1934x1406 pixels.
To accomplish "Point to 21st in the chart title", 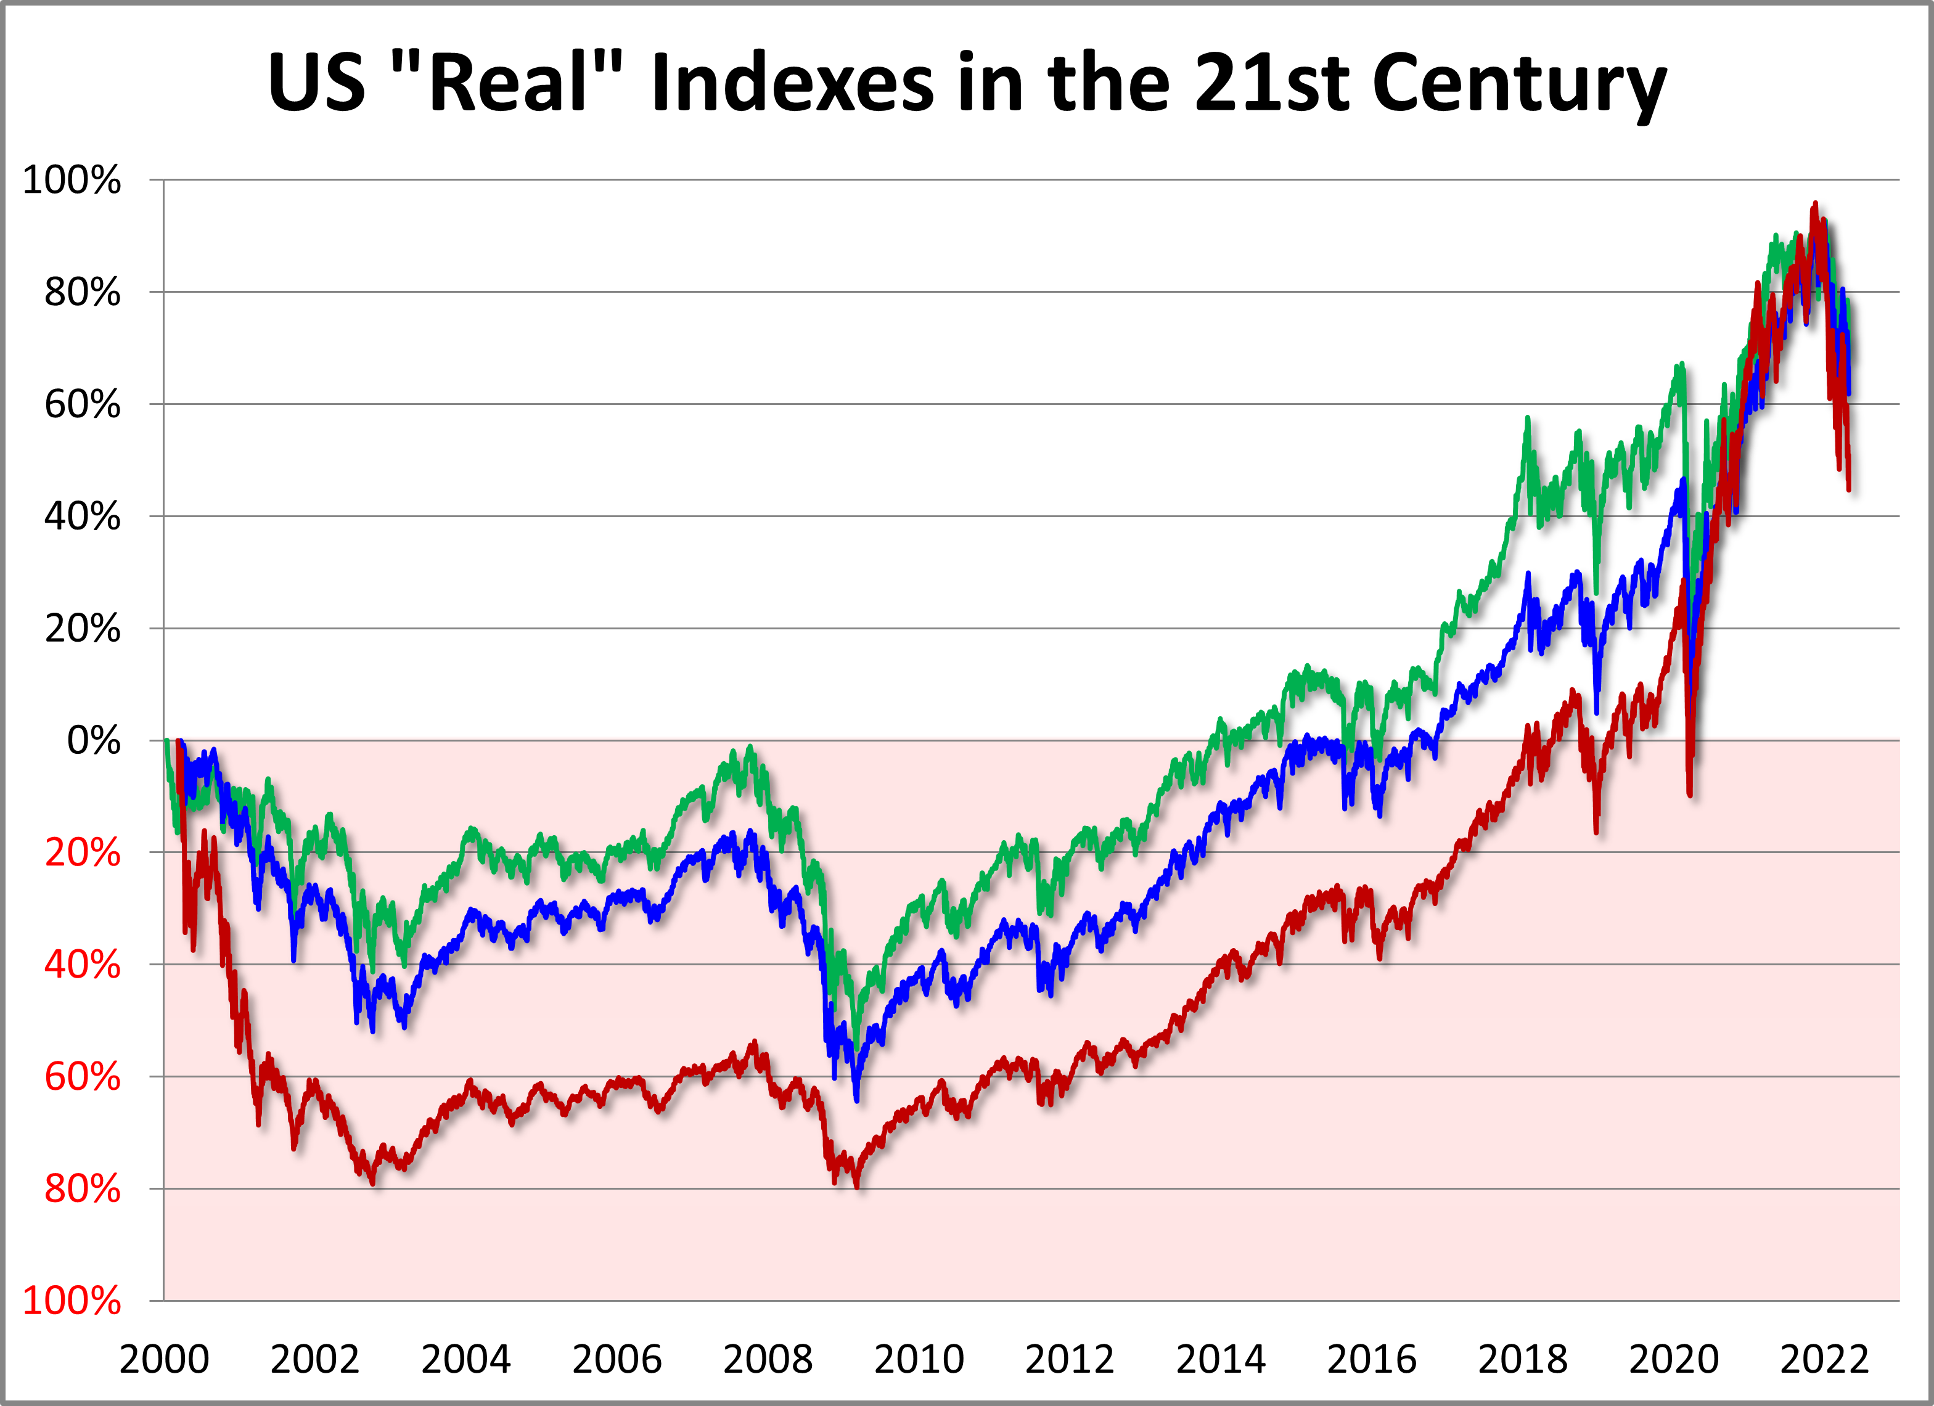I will click(1271, 84).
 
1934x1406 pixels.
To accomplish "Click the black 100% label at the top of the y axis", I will click(72, 181).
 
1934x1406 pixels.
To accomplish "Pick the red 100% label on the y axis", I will click(72, 1301).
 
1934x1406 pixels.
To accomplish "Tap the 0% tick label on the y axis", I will click(94, 741).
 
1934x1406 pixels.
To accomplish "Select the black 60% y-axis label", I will click(83, 405).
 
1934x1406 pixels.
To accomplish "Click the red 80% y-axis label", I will click(83, 1190).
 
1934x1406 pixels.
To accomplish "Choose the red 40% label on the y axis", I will click(83, 965).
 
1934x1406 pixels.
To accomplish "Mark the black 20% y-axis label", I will click(83, 629).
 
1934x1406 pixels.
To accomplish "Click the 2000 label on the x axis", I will click(164, 1359).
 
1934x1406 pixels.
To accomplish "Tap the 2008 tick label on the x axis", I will click(768, 1359).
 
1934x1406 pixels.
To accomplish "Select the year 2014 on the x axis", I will click(1220, 1359).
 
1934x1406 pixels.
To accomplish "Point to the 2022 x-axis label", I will click(1824, 1359).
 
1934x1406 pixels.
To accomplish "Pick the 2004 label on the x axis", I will click(465, 1359).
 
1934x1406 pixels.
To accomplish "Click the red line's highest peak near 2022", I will click(1814, 204).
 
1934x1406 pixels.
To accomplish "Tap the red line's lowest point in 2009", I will click(856, 1186).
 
